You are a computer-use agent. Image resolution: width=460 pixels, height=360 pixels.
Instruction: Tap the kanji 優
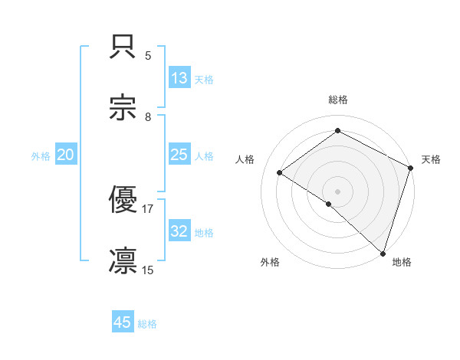tap(123, 201)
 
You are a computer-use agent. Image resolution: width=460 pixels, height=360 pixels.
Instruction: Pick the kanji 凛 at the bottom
tap(123, 261)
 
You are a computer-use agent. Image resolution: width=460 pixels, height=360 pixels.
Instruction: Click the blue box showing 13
tap(179, 78)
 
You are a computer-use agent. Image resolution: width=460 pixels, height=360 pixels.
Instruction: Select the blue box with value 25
tap(179, 155)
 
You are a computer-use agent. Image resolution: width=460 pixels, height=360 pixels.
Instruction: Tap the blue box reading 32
tap(179, 231)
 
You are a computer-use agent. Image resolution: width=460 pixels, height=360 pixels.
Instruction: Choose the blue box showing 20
tap(66, 155)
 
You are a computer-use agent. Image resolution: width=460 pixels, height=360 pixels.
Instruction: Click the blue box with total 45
tap(123, 322)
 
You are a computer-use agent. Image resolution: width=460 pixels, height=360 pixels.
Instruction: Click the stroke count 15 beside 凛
tap(148, 270)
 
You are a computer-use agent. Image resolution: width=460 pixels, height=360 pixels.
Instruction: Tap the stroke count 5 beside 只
tap(148, 56)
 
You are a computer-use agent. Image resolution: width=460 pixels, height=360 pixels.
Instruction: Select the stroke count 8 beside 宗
tap(148, 117)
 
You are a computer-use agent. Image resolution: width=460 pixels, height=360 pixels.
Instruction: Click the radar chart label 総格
tap(338, 100)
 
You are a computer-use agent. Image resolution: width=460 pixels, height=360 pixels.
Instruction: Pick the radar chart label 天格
tap(431, 159)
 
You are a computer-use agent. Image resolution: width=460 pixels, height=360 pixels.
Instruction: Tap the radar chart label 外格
tap(271, 263)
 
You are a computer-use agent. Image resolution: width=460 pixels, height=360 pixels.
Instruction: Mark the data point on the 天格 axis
tap(411, 168)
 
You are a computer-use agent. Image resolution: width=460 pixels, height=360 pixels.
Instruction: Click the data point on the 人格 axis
tap(280, 172)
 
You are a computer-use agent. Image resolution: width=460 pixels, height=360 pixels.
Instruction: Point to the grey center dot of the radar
tap(338, 191)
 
